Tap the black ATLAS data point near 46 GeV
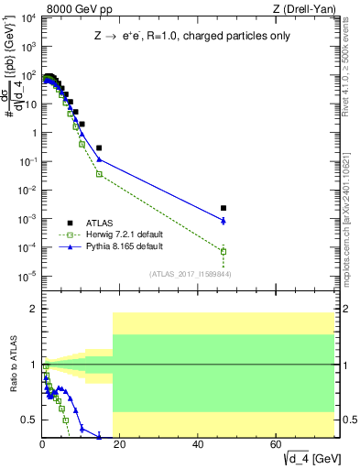(224, 208)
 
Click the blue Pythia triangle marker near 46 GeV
(224, 220)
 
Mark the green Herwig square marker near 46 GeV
(224, 251)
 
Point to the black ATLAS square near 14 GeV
(99, 147)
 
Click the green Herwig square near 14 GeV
(99, 174)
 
